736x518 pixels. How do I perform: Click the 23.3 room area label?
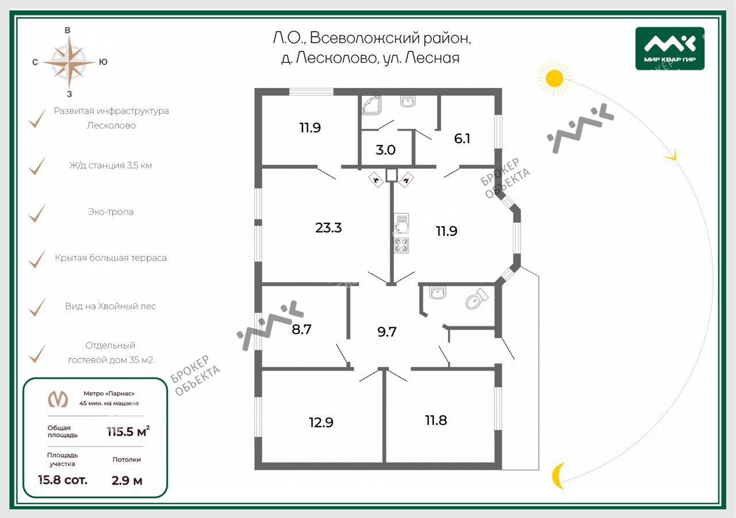(328, 227)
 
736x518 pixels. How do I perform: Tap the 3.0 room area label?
(385, 150)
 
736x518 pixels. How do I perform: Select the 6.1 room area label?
(462, 139)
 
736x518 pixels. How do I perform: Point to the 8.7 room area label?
(301, 329)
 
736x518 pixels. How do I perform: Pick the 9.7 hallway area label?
(387, 332)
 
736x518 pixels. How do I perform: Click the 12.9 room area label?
(321, 422)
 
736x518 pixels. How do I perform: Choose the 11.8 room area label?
(436, 420)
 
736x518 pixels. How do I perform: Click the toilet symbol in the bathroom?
(477, 299)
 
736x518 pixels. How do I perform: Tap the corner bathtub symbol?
(371, 105)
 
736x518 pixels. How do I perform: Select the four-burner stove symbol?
(401, 245)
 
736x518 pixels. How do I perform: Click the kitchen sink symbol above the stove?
(401, 224)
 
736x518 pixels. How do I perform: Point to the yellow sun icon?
(555, 79)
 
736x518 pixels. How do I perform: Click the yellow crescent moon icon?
(558, 475)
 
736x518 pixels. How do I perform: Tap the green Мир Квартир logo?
(670, 48)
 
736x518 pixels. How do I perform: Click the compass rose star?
(69, 62)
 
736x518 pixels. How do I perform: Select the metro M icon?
(58, 399)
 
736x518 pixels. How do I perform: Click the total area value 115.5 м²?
(128, 431)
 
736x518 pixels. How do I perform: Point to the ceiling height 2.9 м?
(127, 481)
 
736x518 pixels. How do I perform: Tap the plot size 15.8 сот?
(63, 480)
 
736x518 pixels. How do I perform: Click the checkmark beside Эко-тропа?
(37, 213)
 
